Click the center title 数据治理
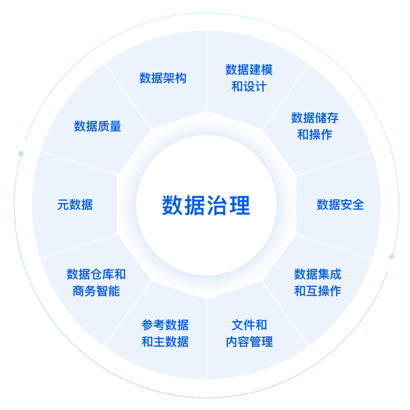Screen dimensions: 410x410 [x=206, y=205]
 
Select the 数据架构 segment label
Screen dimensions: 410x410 [x=163, y=78]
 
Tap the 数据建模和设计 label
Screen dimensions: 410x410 [x=249, y=78]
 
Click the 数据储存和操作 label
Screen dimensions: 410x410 [x=315, y=126]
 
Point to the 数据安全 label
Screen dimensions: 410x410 [x=340, y=205]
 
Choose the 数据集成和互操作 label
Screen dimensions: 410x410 [x=318, y=282]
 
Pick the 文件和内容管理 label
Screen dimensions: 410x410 [x=249, y=333]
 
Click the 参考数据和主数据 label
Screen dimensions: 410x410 [x=165, y=333]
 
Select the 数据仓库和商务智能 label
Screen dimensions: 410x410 [x=96, y=282]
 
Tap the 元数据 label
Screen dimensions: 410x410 [x=75, y=205]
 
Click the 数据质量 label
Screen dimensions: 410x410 [x=98, y=126]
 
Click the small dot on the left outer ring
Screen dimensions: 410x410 [x=21, y=153]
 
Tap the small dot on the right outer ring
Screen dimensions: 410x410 [x=391, y=257]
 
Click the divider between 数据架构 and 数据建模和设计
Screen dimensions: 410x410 [x=206, y=72]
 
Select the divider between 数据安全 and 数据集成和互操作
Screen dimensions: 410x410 [x=334, y=246]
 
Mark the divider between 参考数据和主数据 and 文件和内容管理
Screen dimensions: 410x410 [x=206, y=338]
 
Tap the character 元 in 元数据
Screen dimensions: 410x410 [x=62, y=205]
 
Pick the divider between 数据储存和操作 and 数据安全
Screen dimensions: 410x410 [x=334, y=164]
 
